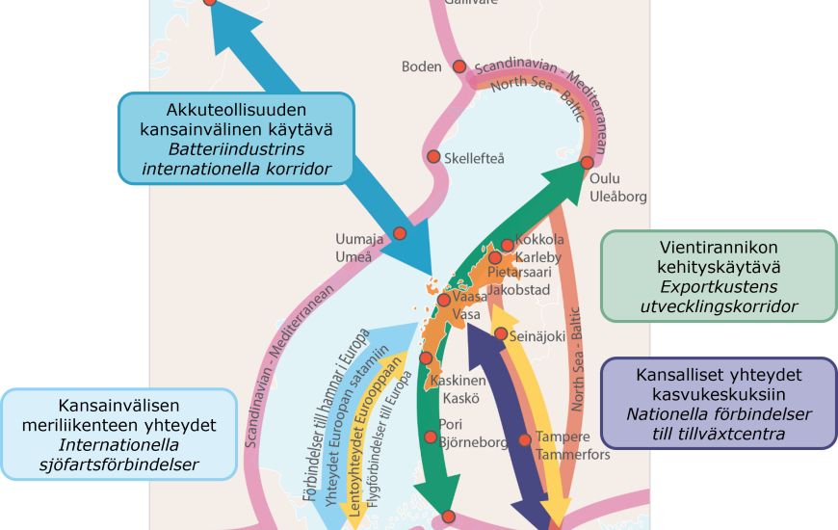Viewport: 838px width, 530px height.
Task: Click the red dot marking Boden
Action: coord(459,66)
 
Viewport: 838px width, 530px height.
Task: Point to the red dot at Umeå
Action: coord(400,233)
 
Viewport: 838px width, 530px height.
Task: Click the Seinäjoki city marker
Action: coord(501,333)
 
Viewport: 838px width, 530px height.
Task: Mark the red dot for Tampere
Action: coord(524,440)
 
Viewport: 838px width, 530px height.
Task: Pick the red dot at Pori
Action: coord(431,437)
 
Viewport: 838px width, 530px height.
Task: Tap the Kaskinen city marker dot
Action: coord(427,358)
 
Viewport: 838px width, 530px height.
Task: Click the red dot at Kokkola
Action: coord(508,245)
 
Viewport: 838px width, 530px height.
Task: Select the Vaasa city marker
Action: coord(443,300)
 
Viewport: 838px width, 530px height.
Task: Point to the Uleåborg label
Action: coord(617,197)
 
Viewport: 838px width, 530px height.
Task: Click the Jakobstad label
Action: coord(518,289)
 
